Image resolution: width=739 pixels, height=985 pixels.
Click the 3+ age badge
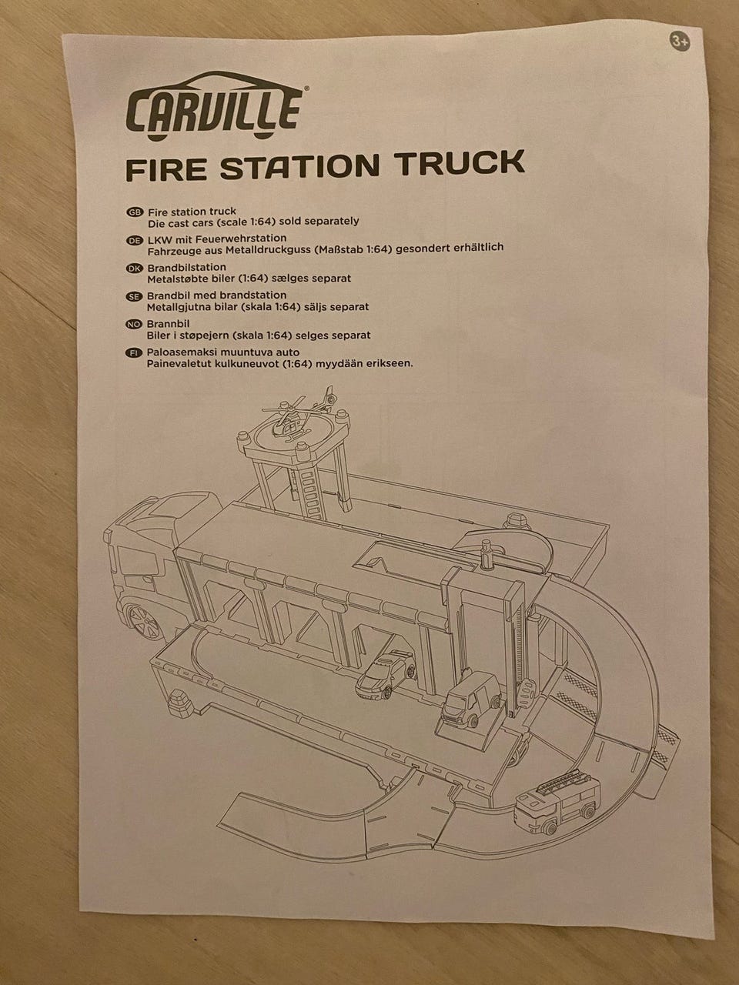tap(680, 42)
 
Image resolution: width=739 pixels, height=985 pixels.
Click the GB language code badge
tap(135, 212)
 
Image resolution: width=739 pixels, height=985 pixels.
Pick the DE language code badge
tap(135, 241)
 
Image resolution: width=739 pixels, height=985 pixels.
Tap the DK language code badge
tap(135, 269)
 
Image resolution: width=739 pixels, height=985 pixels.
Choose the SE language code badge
tap(134, 296)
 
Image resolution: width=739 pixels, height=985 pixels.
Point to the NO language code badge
tap(134, 325)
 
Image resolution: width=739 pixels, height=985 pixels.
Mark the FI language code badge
tap(133, 353)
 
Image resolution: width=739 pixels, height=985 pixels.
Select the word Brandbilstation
tap(186, 267)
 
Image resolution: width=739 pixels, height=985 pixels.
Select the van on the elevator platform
tap(472, 700)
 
